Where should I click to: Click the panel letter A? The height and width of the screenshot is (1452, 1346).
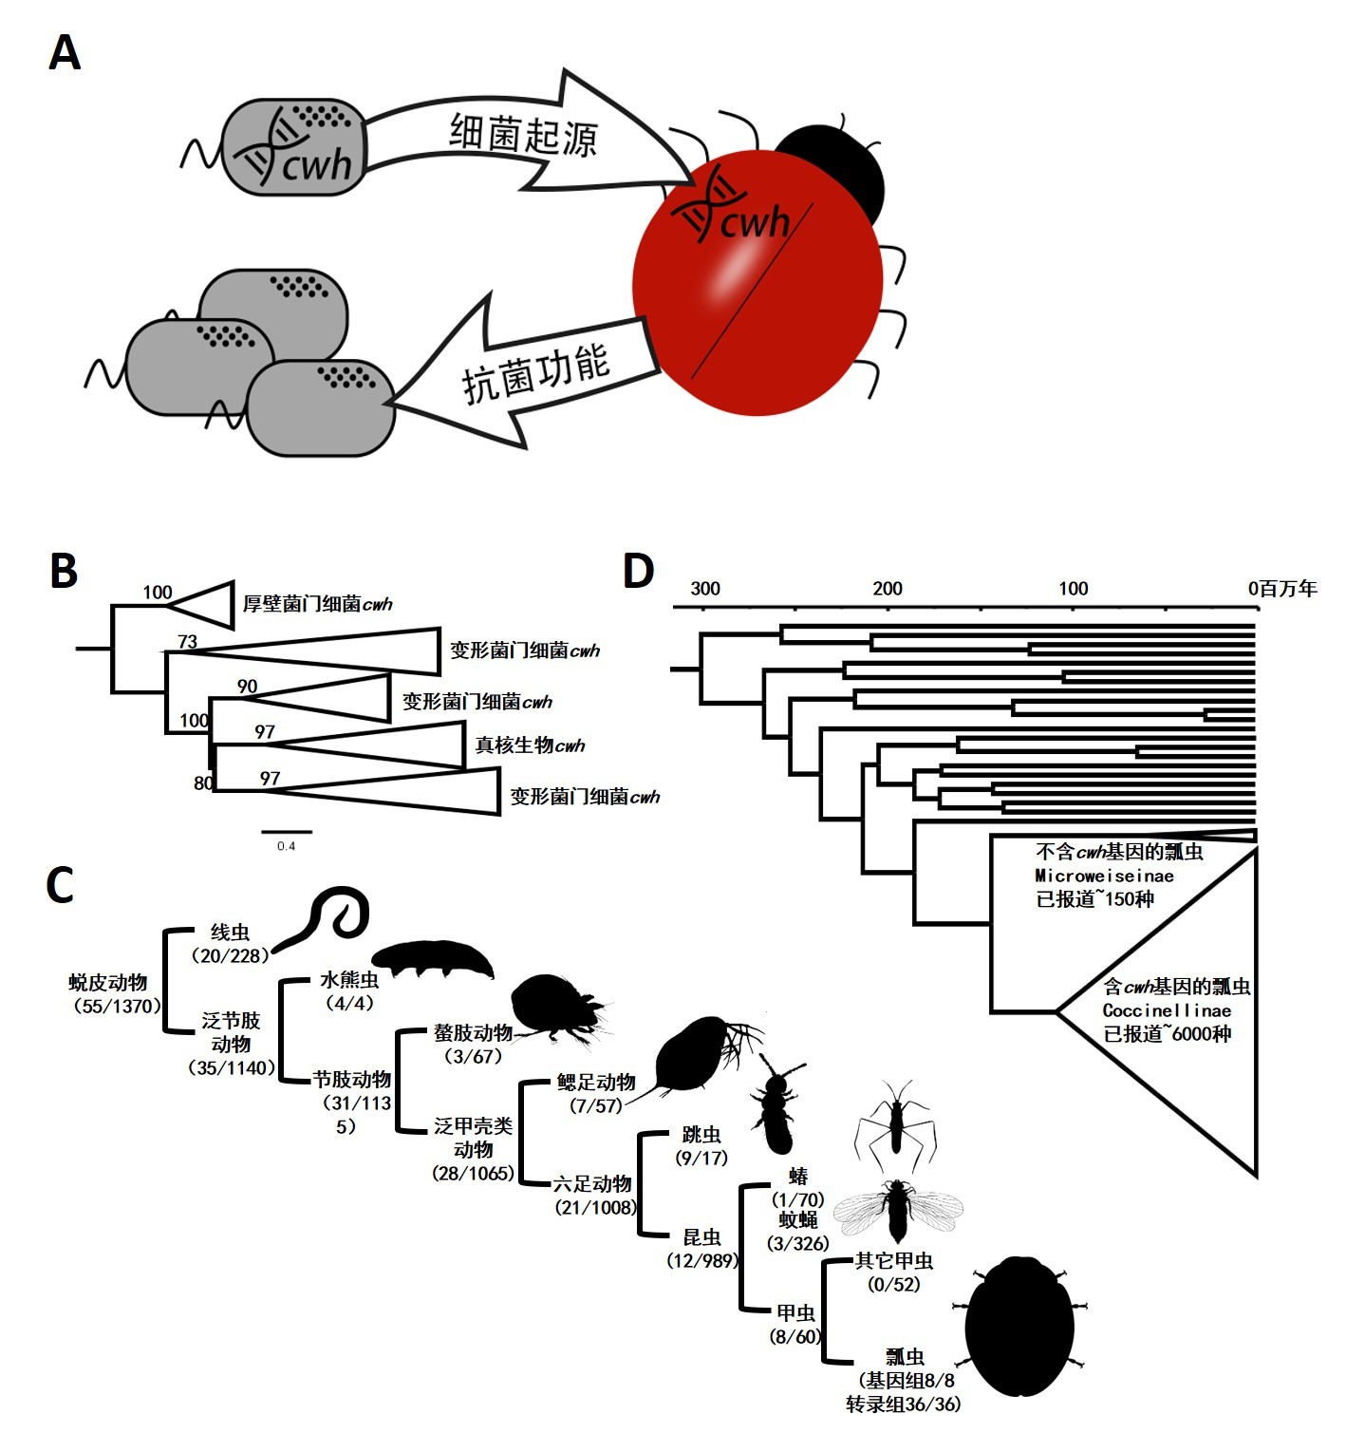tap(65, 53)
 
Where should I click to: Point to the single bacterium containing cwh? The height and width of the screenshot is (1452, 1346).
tap(293, 147)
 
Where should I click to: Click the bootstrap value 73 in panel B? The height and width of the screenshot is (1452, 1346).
tap(188, 642)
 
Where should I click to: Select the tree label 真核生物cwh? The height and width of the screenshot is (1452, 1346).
tap(530, 745)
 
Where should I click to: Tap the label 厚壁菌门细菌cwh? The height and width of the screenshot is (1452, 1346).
tap(317, 604)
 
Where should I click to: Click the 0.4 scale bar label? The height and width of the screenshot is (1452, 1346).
tap(286, 846)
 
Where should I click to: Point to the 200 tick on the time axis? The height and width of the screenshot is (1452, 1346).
tap(888, 589)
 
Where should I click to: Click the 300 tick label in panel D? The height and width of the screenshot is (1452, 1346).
tap(705, 589)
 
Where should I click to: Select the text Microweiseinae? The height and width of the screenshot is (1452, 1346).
tap(1104, 876)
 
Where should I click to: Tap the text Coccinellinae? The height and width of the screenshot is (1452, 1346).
tap(1167, 1010)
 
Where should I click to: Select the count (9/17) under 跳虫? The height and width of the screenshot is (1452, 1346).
tap(701, 1158)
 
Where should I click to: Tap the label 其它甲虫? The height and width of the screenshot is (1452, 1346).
tap(894, 1261)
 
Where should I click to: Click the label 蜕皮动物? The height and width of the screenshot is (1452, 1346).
tap(108, 983)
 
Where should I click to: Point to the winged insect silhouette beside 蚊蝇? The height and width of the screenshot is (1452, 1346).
tap(897, 1211)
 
